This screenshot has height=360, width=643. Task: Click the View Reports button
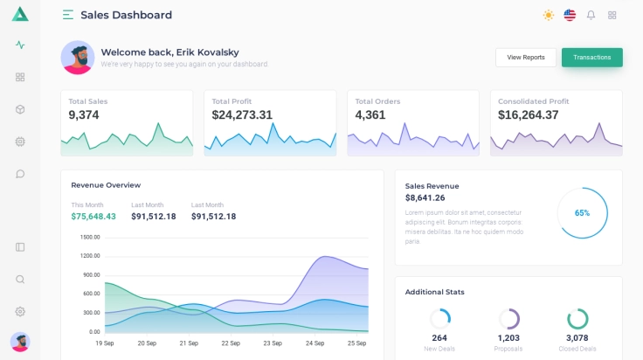click(x=526, y=58)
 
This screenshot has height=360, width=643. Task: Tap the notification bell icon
click(x=591, y=15)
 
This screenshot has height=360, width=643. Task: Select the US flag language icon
click(x=570, y=15)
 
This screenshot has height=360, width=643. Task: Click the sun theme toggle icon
click(x=549, y=15)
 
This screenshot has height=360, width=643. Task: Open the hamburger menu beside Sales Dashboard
click(x=68, y=15)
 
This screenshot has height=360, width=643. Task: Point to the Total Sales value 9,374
click(x=84, y=114)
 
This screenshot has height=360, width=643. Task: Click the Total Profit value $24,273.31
click(x=242, y=114)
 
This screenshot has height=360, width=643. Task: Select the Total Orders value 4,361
click(x=370, y=114)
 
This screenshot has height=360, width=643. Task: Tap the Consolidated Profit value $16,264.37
click(x=529, y=114)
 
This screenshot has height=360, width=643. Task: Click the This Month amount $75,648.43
click(x=93, y=217)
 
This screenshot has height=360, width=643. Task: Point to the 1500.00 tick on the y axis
click(x=90, y=237)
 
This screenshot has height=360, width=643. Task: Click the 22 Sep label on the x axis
click(x=231, y=343)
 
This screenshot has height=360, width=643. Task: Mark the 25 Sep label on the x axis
click(x=356, y=343)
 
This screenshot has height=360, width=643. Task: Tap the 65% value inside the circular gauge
click(x=582, y=213)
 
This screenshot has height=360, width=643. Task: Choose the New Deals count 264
click(x=439, y=338)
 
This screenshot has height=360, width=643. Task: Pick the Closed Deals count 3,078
click(x=577, y=338)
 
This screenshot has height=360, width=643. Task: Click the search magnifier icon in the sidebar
click(x=20, y=280)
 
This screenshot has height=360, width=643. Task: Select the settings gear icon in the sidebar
click(x=20, y=311)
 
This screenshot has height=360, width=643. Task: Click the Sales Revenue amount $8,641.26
click(x=425, y=198)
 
